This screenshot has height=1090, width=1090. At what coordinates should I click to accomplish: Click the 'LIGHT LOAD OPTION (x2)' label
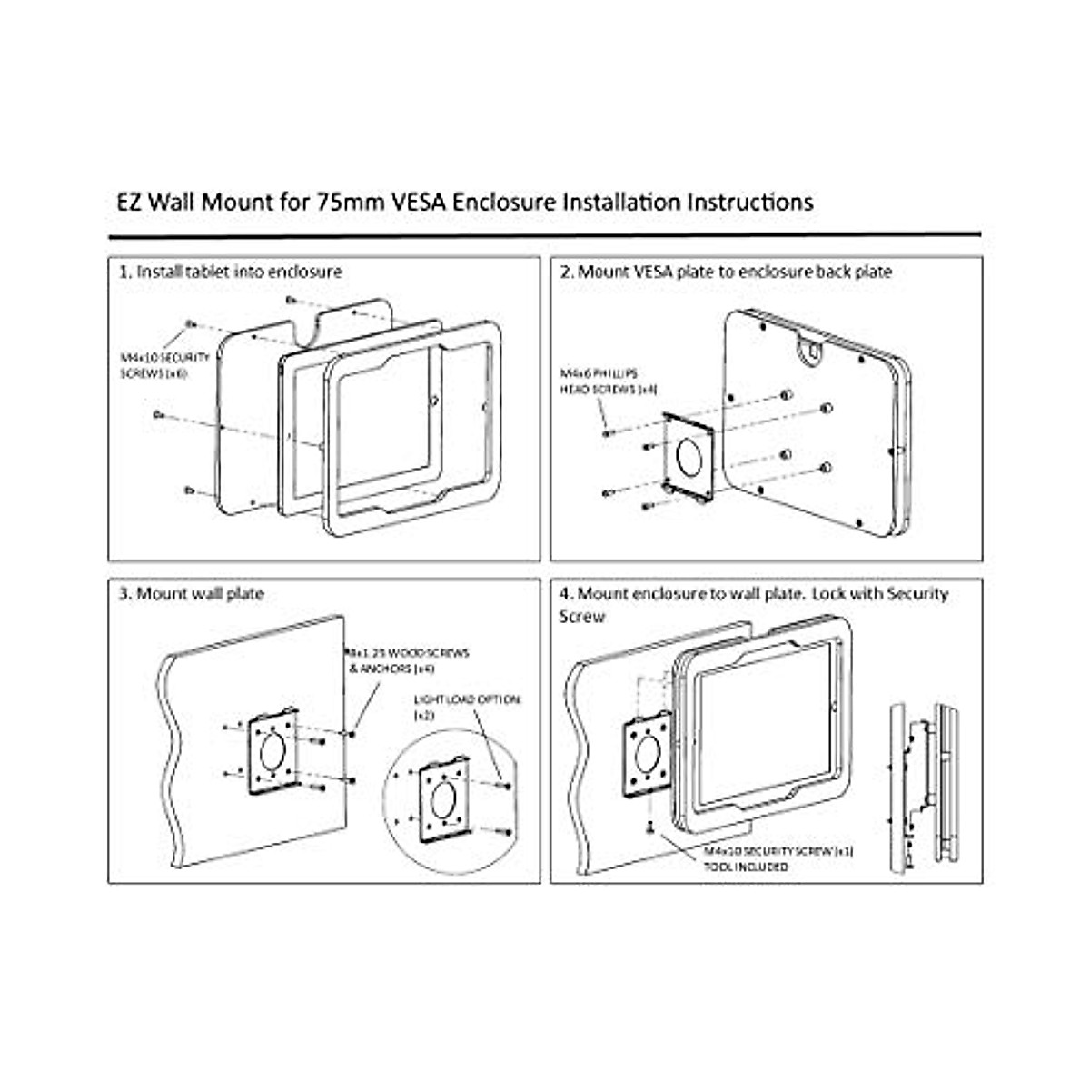pos(467,707)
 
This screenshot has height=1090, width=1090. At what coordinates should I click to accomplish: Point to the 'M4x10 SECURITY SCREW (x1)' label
pos(779,852)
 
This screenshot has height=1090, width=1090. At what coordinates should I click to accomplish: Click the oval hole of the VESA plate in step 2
pos(690,455)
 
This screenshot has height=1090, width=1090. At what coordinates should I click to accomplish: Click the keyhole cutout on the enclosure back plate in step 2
pos(811,347)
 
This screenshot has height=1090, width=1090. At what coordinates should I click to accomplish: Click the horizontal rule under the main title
pos(544,235)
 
